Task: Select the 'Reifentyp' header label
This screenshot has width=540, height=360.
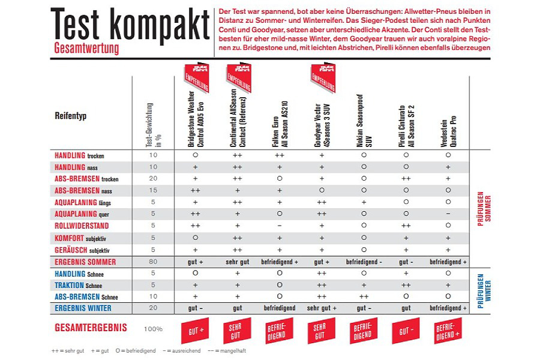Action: (71, 115)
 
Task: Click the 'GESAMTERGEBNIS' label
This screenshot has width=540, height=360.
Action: (90, 329)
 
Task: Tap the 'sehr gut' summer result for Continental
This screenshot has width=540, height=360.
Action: (237, 262)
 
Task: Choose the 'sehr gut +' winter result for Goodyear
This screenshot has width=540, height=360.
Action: (322, 308)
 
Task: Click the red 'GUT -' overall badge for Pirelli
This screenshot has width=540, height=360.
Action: (406, 331)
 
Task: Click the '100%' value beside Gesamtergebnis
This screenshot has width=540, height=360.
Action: (153, 329)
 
